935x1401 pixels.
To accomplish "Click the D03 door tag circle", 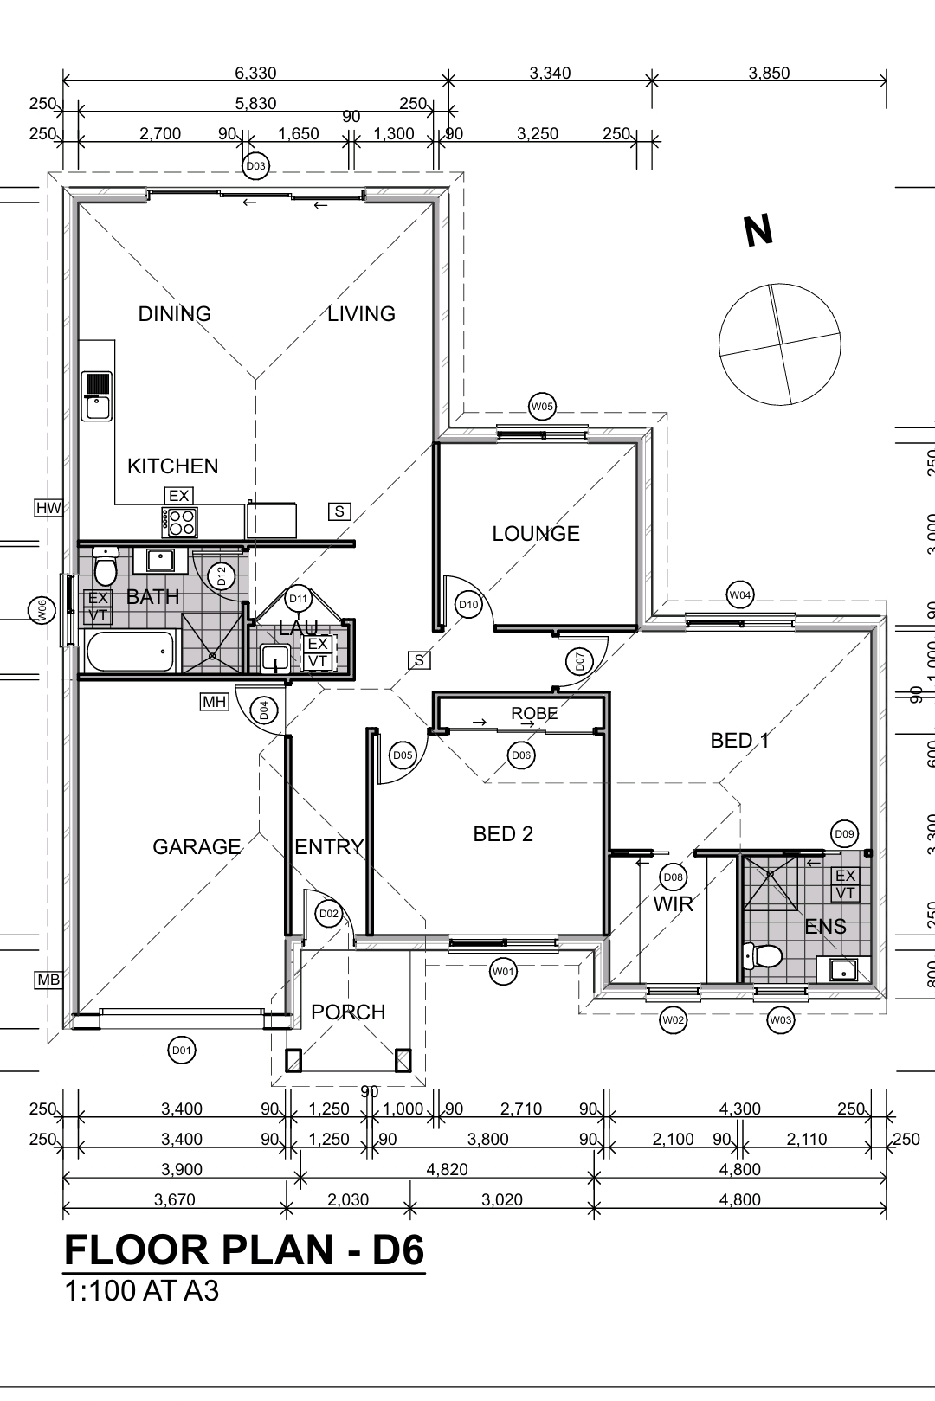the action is coord(256,166).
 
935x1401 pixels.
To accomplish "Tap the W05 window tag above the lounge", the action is coord(542,407).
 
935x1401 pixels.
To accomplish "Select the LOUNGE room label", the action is coord(536,534).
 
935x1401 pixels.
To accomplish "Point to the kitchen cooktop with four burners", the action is coord(179,522).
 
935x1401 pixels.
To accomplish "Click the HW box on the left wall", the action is coord(48,508).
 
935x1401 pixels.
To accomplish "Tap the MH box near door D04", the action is coord(214,702).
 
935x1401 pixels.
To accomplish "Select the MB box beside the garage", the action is coord(48,980).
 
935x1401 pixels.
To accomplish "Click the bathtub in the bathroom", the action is coord(130,652).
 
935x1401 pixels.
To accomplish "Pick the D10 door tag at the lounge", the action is coord(468,605).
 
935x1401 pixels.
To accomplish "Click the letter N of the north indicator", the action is coord(758,231).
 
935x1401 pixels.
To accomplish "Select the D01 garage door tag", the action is coord(182,1051).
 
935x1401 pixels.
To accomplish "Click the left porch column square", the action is coord(293,1060).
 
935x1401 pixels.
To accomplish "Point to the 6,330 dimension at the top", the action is coord(255,74).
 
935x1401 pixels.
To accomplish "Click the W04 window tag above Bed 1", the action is coord(739,595).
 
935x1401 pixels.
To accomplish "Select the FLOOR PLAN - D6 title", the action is coord(244,1251).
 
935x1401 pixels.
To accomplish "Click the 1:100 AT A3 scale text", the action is coord(142,1292).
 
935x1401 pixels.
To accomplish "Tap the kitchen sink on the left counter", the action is coord(96,396).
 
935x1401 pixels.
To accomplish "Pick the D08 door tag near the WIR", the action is coord(673,877).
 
